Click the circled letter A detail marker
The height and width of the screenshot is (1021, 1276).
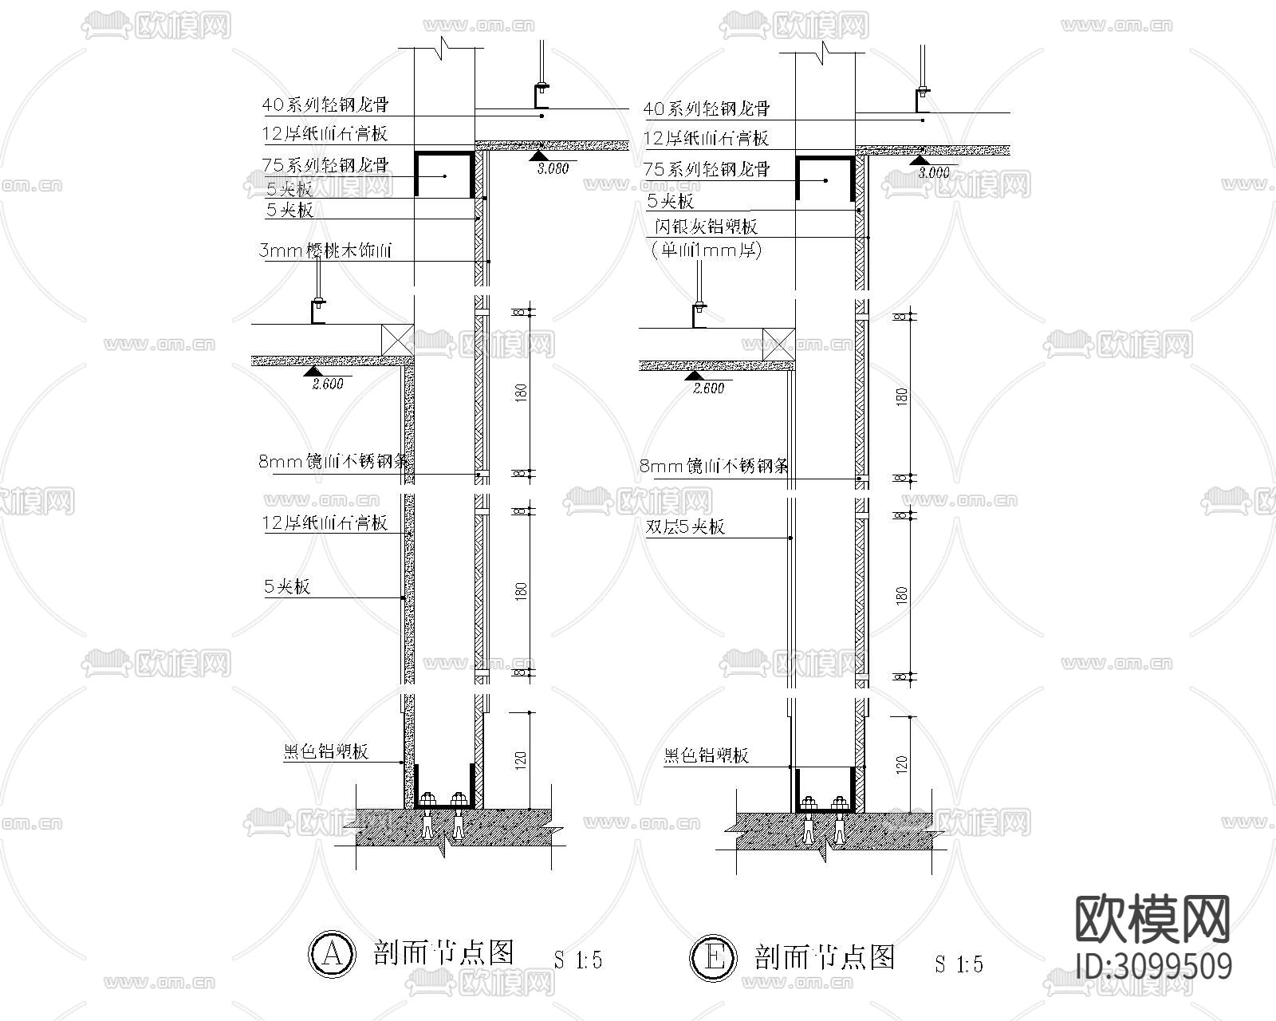pyautogui.click(x=330, y=953)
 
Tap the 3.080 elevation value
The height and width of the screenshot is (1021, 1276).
pyautogui.click(x=553, y=169)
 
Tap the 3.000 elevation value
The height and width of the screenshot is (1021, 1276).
pyautogui.click(x=934, y=172)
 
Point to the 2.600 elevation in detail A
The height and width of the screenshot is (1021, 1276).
pyautogui.click(x=327, y=384)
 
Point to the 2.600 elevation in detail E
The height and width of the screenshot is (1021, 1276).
pyautogui.click(x=708, y=388)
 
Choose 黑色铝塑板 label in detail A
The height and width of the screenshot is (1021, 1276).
pyautogui.click(x=326, y=751)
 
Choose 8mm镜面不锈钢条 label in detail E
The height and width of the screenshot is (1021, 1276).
pyautogui.click(x=715, y=466)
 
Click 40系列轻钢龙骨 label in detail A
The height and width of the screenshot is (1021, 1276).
pyautogui.click(x=326, y=104)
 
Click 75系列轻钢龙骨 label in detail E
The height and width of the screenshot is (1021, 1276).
pyautogui.click(x=707, y=169)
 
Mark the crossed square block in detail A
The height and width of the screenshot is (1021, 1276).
pyautogui.click(x=397, y=339)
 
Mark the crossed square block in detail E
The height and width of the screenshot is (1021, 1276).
pyautogui.click(x=778, y=344)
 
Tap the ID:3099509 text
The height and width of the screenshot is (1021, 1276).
pyautogui.click(x=1153, y=966)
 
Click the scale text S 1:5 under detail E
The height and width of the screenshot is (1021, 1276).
pyautogui.click(x=959, y=964)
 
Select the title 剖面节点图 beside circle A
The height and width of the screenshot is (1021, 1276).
pyautogui.click(x=443, y=952)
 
